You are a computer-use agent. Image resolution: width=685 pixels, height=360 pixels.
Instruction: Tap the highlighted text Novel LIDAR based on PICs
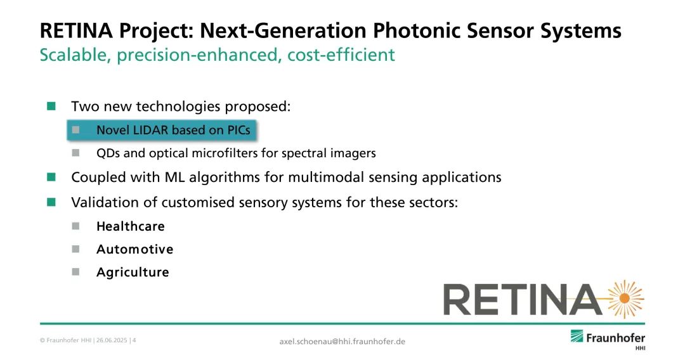[x=173, y=130]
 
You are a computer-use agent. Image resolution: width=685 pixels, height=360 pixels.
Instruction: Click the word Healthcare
[x=131, y=226]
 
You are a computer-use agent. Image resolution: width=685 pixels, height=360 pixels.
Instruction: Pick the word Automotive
[x=135, y=249]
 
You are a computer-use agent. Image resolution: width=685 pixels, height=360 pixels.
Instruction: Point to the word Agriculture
[x=133, y=273]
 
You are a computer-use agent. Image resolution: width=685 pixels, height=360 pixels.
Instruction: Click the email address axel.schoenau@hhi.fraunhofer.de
[x=342, y=341]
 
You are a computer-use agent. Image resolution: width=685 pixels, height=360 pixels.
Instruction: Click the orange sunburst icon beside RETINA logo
[x=625, y=299]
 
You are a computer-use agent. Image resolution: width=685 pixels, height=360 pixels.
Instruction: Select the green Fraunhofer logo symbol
[x=577, y=337]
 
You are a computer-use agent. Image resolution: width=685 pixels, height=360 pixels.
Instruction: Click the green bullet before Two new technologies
[x=51, y=106]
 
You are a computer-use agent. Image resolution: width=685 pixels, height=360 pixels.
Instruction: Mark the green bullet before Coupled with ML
[x=51, y=177]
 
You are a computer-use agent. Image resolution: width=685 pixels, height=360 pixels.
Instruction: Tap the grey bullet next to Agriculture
[x=75, y=272]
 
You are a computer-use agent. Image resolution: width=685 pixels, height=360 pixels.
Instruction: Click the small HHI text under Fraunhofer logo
[x=640, y=348]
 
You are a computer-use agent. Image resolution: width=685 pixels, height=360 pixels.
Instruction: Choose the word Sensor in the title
[x=500, y=30]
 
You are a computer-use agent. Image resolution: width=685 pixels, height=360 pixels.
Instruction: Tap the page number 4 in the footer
[x=134, y=340]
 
